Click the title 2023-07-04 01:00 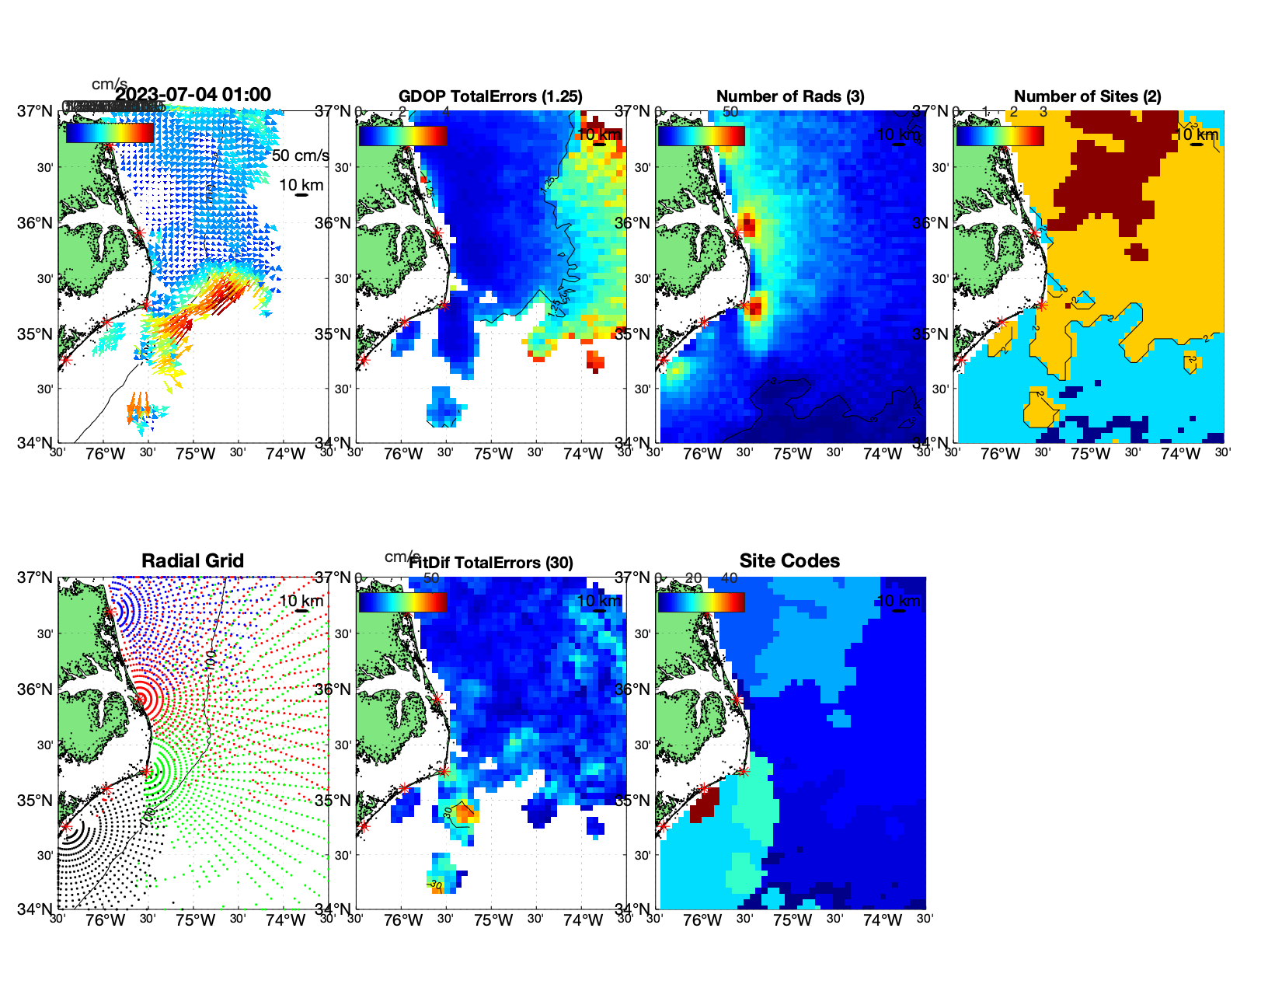[193, 95]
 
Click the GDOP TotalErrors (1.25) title [490, 96]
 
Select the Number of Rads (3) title [789, 96]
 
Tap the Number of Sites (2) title [1087, 96]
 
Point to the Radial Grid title [193, 561]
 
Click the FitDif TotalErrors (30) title [490, 563]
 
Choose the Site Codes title [789, 561]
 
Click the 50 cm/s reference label [300, 155]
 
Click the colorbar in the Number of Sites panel [1000, 135]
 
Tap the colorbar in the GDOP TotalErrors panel [402, 135]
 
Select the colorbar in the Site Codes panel [701, 602]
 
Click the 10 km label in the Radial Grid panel [301, 601]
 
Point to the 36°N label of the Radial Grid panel [36, 689]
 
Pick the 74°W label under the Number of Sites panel [1180, 454]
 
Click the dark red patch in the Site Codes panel [703, 805]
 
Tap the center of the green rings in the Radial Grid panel [146, 772]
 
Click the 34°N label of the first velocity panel [36, 443]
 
